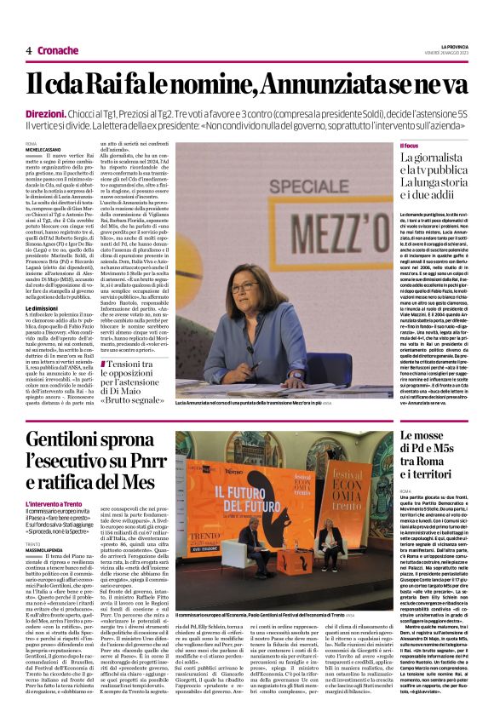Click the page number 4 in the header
click(29, 50)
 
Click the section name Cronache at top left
click(58, 50)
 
